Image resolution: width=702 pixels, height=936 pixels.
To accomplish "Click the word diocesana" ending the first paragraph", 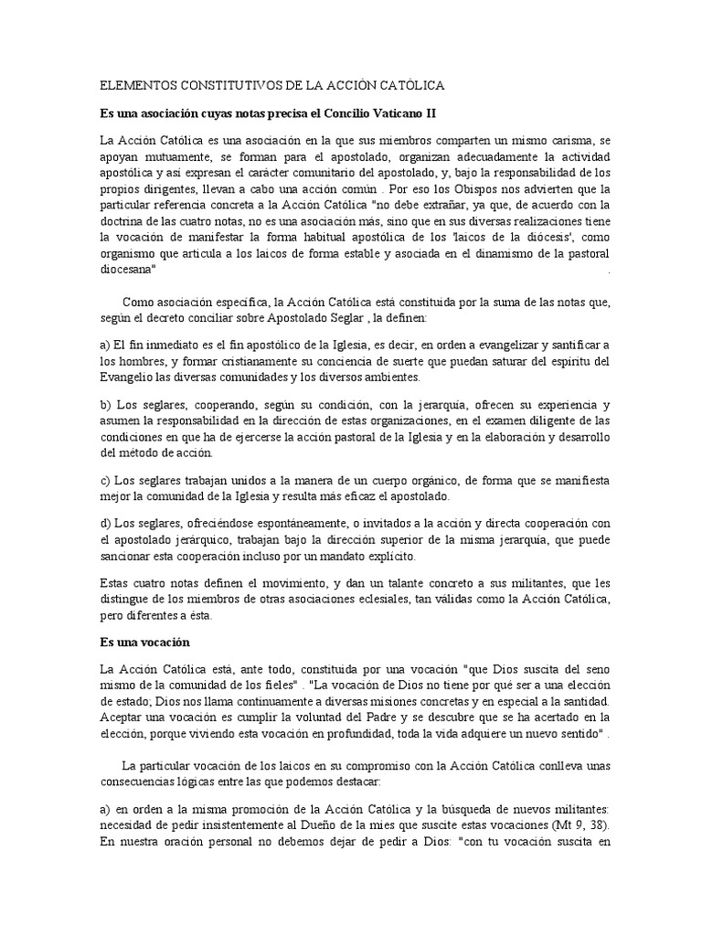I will [131, 271].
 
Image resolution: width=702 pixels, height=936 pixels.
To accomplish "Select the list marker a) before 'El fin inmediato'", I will [104, 343].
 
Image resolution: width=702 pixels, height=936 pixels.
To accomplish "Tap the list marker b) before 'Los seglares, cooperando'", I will [104, 404].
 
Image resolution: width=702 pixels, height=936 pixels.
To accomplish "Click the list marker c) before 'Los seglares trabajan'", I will [104, 480].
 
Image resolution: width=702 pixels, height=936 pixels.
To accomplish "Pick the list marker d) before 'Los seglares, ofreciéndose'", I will [104, 523].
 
